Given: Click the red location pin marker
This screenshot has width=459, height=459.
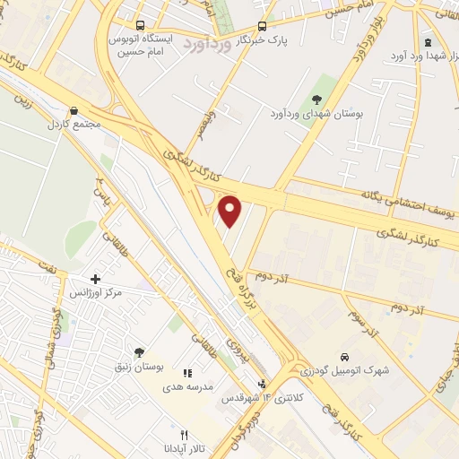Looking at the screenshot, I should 230,211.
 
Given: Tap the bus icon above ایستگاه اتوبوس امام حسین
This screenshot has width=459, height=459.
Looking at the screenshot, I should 140,26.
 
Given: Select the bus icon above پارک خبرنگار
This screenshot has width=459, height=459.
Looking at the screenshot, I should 262,26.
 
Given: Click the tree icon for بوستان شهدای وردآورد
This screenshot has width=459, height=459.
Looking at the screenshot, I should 316,100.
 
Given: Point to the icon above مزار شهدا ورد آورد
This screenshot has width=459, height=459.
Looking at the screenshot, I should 428,43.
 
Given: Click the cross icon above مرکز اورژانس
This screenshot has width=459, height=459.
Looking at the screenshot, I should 96,279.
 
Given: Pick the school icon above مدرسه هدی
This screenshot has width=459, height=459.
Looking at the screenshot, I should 187,372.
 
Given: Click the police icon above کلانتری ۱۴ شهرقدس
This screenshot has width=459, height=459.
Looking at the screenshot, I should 262,384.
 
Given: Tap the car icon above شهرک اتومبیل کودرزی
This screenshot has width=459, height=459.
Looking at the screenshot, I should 345,356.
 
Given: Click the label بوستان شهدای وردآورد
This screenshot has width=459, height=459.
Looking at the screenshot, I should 306,114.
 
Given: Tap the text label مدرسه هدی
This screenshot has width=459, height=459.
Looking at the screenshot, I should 191,385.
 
